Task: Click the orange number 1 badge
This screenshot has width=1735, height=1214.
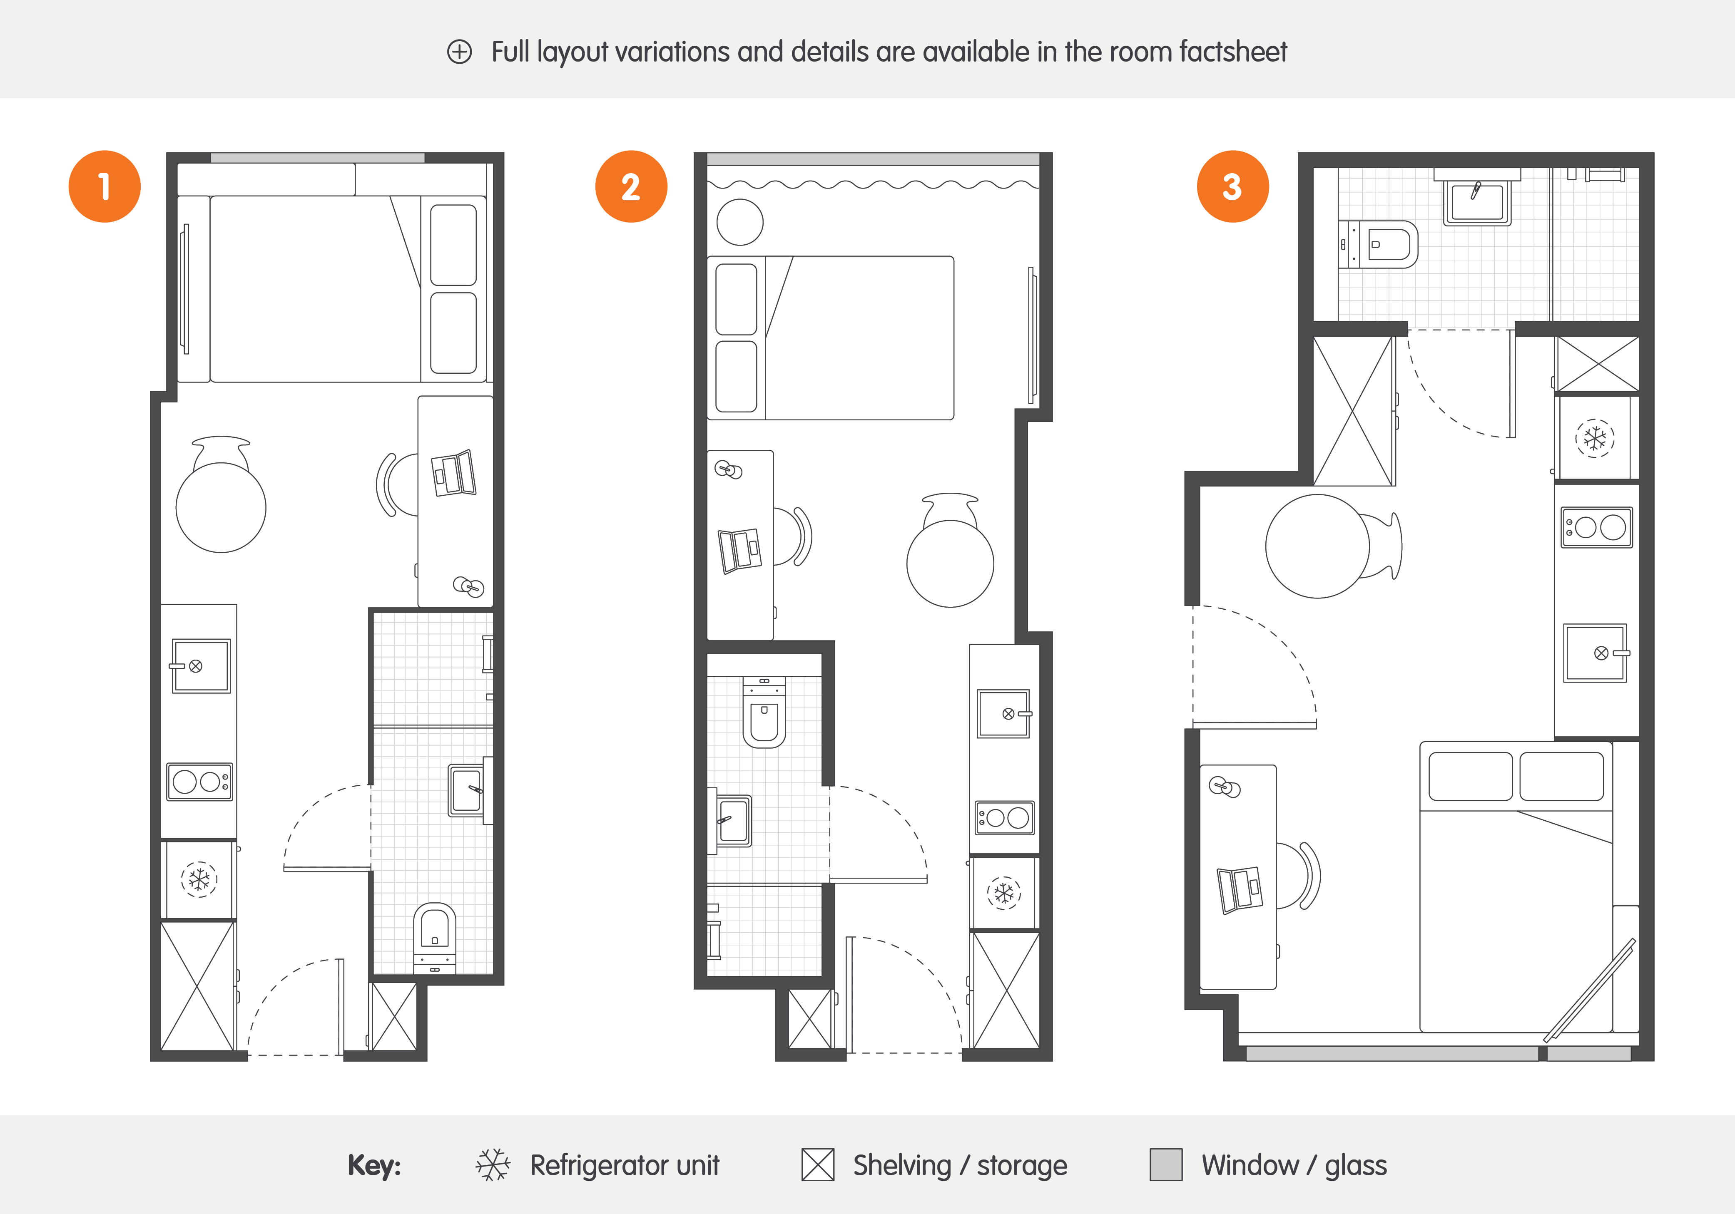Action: pos(104,186)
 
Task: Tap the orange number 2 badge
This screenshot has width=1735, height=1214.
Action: pos(631,186)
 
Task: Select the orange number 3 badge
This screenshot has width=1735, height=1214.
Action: pos(1232,186)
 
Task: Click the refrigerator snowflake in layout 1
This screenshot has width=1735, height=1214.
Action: pos(199,879)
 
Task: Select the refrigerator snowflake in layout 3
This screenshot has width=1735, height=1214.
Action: pos(1594,438)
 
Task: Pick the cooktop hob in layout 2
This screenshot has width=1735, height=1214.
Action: pos(1004,817)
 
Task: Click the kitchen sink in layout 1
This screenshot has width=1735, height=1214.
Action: pos(200,665)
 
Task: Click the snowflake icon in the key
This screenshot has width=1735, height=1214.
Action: pos(493,1165)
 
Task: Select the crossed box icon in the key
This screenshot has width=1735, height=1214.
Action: pos(818,1165)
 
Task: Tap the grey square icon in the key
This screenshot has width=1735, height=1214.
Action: pos(1166,1165)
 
